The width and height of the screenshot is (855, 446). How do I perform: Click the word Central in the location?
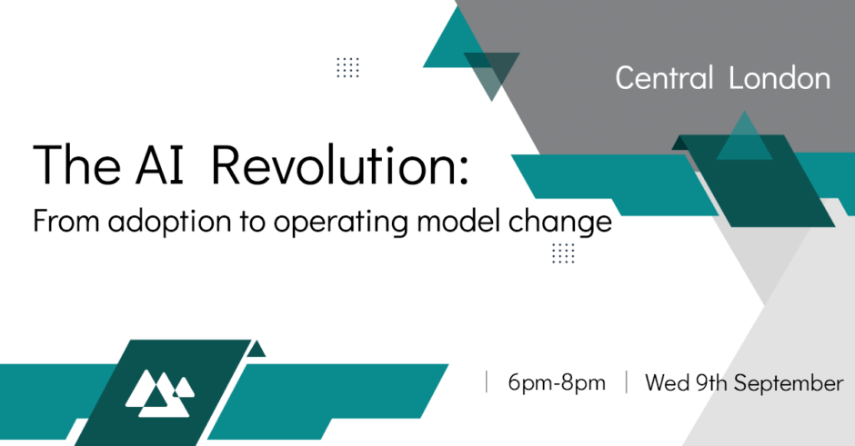point(664,77)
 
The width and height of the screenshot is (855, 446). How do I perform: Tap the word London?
point(780,78)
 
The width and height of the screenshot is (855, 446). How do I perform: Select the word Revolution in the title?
point(339,165)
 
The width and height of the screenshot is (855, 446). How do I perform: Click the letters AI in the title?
point(160,165)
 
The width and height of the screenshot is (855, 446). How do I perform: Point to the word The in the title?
point(77,165)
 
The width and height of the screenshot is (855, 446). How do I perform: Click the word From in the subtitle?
point(66,221)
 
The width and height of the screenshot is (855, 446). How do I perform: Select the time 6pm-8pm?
point(557,382)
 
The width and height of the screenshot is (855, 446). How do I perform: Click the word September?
point(789,383)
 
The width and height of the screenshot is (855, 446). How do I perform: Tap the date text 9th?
point(711,382)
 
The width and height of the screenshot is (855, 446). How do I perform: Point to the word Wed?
point(668,382)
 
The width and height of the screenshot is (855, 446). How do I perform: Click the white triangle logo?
point(160,393)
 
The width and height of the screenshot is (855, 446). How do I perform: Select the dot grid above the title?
point(347,67)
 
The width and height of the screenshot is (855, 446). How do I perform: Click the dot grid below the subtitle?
point(563,253)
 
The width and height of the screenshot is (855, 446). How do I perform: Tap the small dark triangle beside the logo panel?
point(256,349)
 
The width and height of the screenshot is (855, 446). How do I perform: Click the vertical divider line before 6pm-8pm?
point(487,382)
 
